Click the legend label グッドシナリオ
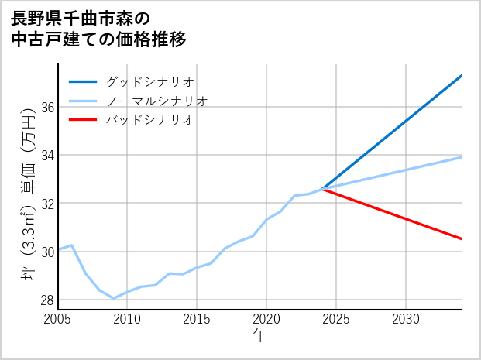149,81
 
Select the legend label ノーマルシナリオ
156,101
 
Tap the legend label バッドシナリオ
149,120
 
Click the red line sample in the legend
83,120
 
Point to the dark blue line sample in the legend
83,81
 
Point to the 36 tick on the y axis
47,107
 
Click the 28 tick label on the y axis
47,300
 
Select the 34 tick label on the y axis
47,155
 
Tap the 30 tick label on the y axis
47,252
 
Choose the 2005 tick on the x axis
58,319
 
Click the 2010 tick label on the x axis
127,319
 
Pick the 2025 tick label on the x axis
336,319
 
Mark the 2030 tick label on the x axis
406,319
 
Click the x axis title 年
259,336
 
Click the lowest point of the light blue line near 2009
114,298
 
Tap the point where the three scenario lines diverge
323,188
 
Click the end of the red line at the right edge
462,238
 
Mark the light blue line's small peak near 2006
71,245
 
